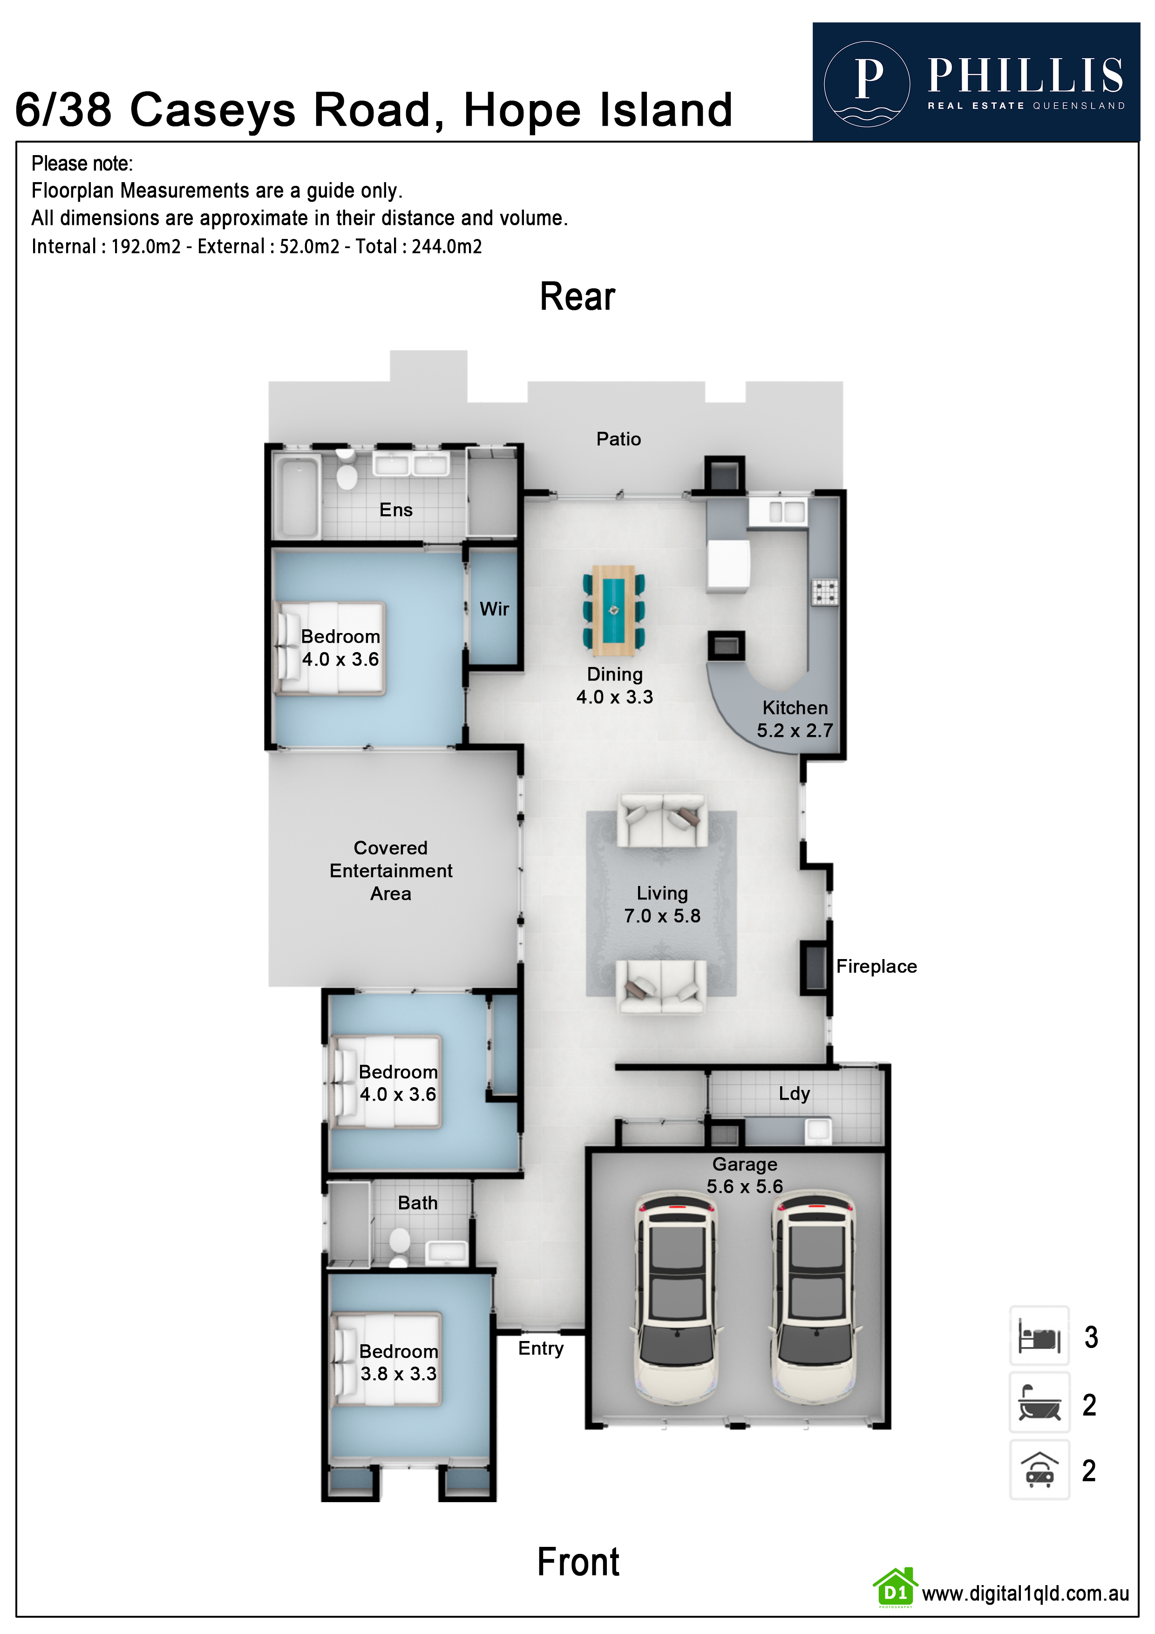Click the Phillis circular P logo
[866, 83]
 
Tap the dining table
[613, 611]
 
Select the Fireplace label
[876, 967]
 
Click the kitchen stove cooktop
[825, 592]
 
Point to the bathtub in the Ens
[298, 496]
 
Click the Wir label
[494, 609]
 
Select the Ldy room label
[794, 1093]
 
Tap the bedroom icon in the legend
[1039, 1336]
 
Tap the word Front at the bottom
[578, 1562]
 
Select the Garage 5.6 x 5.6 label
[744, 1175]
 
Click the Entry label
[540, 1348]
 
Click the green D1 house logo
[895, 1588]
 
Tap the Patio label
[618, 439]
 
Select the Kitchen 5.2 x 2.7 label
[795, 719]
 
